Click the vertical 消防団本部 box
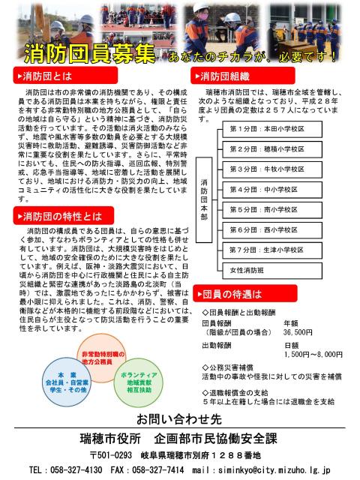click(204, 199)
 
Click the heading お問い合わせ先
click(180, 417)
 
